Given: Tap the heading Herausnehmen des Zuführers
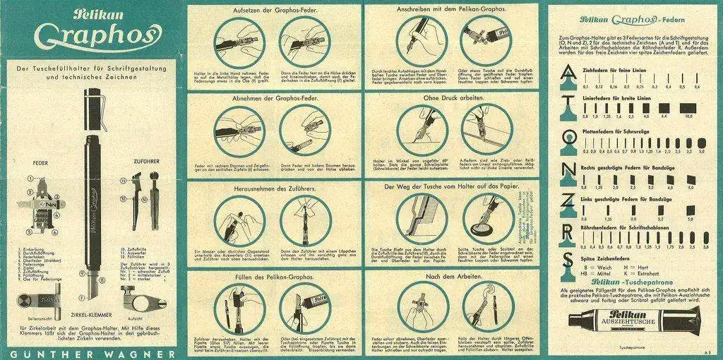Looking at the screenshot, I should (x=272, y=188).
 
